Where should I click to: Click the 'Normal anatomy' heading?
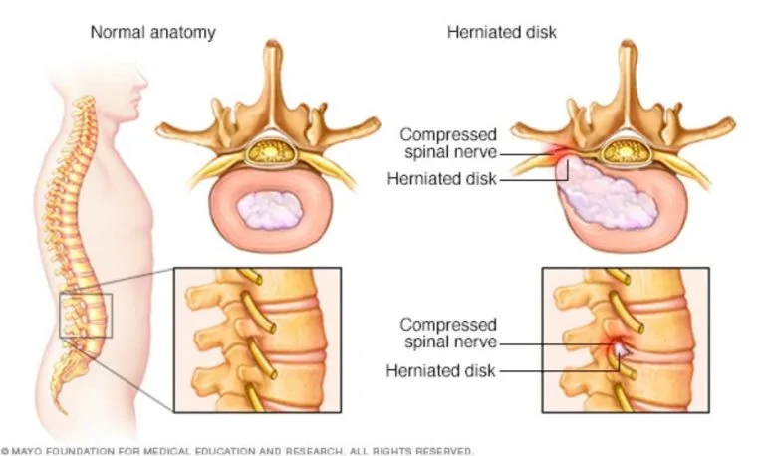pos(153,33)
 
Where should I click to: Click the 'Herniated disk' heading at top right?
pos(502,32)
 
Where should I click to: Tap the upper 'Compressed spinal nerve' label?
pos(449,143)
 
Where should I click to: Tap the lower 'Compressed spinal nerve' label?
pos(449,334)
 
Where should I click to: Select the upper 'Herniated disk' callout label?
pos(442,179)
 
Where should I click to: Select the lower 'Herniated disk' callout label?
pos(441,370)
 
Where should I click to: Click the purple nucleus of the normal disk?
pos(269,210)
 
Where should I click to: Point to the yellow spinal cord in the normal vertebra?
pos(271,152)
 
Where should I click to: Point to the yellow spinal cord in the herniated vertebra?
pos(626,152)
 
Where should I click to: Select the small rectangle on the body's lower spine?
pos(86,316)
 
